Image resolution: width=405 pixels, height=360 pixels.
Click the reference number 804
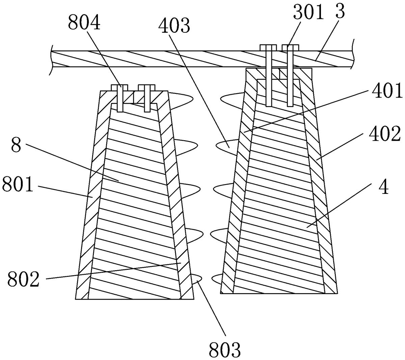click(x=84, y=23)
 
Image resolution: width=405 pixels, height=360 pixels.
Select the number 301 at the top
click(x=308, y=12)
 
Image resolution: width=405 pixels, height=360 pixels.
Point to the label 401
click(x=387, y=91)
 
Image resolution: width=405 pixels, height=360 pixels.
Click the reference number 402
click(x=385, y=133)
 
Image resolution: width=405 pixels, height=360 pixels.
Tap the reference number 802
click(x=23, y=279)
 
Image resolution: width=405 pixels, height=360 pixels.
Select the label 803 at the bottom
click(x=224, y=349)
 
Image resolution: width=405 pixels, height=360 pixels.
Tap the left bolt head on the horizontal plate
click(x=268, y=48)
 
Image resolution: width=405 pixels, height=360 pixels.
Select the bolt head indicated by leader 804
click(x=119, y=87)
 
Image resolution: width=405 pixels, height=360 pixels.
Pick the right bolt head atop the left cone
click(x=146, y=87)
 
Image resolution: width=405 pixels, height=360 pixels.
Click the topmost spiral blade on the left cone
click(x=181, y=100)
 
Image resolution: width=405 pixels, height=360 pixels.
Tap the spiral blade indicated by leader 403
click(x=229, y=147)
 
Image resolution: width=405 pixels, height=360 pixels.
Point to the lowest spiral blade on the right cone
click(x=217, y=279)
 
